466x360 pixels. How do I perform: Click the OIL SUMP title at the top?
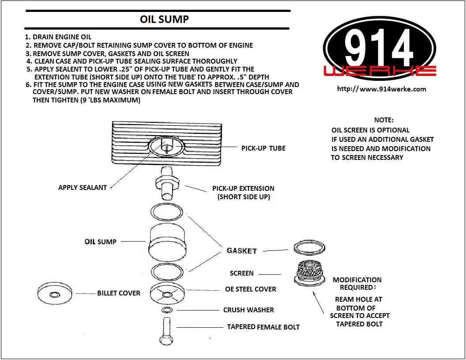coord(164,19)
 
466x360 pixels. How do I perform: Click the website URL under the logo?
coord(381,89)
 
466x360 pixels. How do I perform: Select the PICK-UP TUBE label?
coord(263,148)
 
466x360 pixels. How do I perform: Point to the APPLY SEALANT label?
coord(83,187)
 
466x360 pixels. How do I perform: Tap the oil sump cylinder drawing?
coord(166,242)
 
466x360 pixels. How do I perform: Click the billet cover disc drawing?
coord(55,293)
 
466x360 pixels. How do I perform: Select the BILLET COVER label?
coord(119,293)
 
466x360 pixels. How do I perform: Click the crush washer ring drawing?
coord(167,310)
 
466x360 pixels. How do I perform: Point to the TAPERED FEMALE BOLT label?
coord(263,327)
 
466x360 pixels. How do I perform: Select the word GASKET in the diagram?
coord(241,250)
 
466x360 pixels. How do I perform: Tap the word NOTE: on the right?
coord(383,120)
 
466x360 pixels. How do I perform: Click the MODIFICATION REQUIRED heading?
coord(357,284)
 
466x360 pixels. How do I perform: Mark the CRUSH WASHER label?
coord(248,310)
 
